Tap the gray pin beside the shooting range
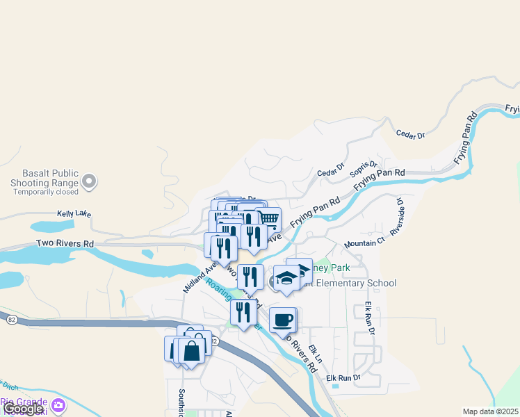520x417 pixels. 88,182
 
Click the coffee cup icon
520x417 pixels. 282,320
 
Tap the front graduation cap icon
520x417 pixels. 286,279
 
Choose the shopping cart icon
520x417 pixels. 268,220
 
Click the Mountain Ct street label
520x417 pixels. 364,244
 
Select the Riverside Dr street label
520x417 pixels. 398,217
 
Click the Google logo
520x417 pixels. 23,409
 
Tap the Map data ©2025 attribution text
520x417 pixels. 491,411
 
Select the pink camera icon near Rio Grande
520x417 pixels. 58,404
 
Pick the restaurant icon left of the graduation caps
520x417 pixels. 250,277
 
